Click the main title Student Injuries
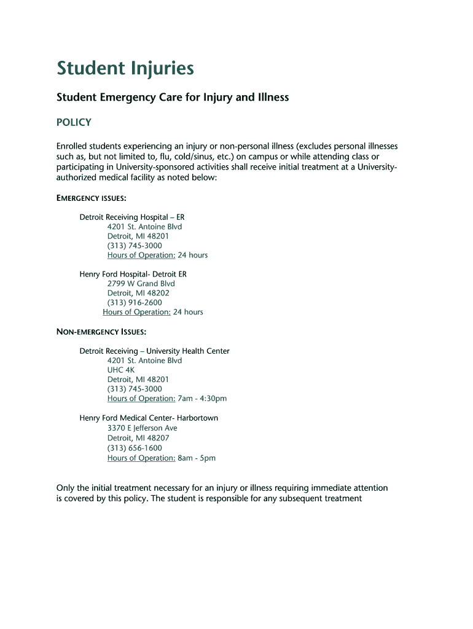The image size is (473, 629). coord(125,68)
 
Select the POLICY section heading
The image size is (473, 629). coord(74,122)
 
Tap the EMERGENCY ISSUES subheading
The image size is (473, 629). coord(92,198)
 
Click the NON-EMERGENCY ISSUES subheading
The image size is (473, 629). coord(101,332)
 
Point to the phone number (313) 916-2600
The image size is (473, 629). coord(135,302)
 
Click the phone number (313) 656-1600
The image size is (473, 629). coord(135,448)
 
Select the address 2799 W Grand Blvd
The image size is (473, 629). coord(141,283)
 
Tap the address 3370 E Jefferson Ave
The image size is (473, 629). coord(142,428)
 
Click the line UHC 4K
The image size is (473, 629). coord(120,370)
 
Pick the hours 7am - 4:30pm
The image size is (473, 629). coord(202,399)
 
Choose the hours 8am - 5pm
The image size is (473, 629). coord(197,458)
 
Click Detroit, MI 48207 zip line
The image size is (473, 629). coord(138,438)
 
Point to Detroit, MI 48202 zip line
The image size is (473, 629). coord(138,293)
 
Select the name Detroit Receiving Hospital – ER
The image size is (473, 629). coord(132,217)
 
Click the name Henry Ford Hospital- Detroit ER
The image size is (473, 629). coord(133,274)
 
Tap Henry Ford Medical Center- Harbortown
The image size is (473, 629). coord(149,418)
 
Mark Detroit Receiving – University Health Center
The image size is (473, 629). coord(154,351)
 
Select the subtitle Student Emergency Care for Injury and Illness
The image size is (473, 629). coord(173,97)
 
